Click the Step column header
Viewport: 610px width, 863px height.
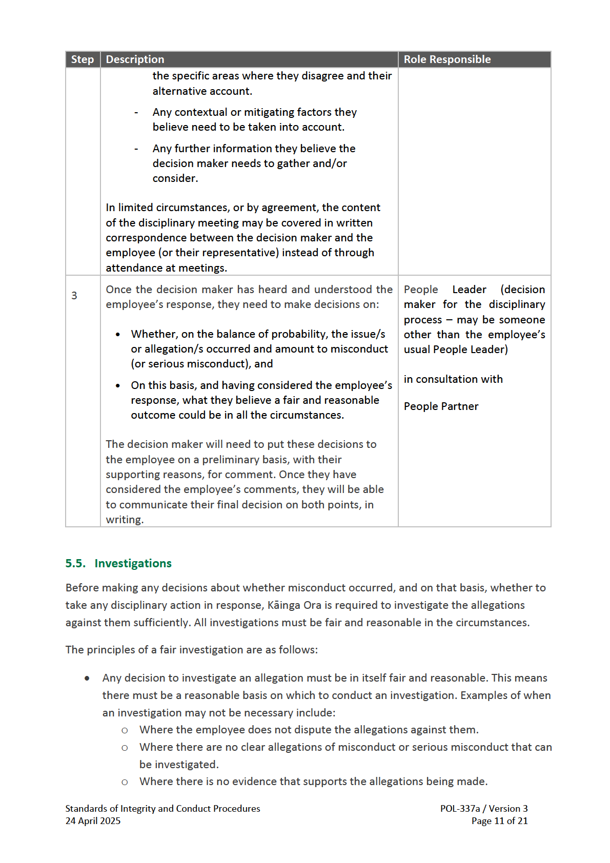[82, 59]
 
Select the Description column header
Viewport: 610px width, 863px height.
[135, 59]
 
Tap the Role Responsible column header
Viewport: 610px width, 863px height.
[447, 59]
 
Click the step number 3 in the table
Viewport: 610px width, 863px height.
[74, 296]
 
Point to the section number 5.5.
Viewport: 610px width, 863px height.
[75, 563]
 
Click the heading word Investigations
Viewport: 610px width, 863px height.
[133, 563]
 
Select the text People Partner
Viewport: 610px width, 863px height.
[441, 406]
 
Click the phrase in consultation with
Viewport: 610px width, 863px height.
[453, 379]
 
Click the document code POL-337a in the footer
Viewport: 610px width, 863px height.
[460, 809]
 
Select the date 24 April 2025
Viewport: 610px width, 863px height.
[93, 821]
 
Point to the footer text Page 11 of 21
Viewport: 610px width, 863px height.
[499, 821]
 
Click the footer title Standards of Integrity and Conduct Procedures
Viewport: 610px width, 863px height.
[162, 809]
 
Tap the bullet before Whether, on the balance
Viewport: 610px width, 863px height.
[118, 335]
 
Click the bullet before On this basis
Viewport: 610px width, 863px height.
[118, 386]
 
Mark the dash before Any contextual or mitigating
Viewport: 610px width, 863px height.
[136, 113]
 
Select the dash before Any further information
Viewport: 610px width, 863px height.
[136, 149]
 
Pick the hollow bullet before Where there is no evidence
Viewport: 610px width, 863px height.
[125, 782]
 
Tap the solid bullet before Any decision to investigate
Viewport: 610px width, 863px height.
[87, 679]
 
